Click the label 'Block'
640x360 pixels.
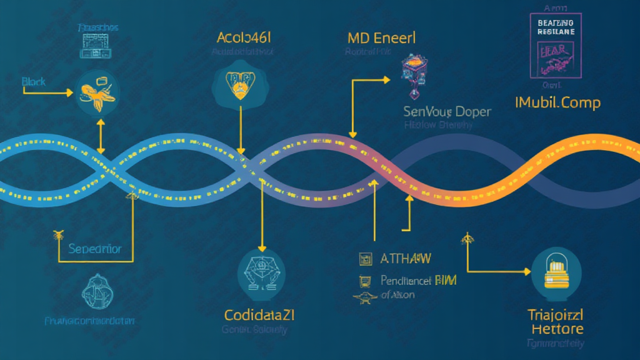pos(34,82)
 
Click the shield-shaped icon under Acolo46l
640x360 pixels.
pos(239,86)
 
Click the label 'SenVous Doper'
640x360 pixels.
pos(447,112)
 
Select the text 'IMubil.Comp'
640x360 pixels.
pos(557,102)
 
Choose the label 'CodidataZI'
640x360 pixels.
pos(259,314)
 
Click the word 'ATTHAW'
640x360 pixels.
pos(406,259)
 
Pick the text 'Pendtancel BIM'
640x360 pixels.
pos(418,281)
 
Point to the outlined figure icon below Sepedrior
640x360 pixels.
pos(98,291)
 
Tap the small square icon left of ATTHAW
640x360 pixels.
pos(362,258)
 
